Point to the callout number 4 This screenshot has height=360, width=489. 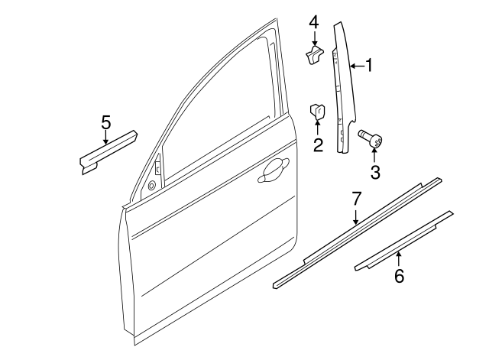[x=313, y=22]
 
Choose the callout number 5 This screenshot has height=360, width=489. [x=106, y=121]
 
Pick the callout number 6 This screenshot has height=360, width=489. [x=399, y=275]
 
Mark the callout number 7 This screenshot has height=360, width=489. [x=356, y=199]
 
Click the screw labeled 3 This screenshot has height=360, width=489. [x=371, y=140]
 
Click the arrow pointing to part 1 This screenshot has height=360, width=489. [x=356, y=67]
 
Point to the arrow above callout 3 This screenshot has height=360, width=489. [x=374, y=157]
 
